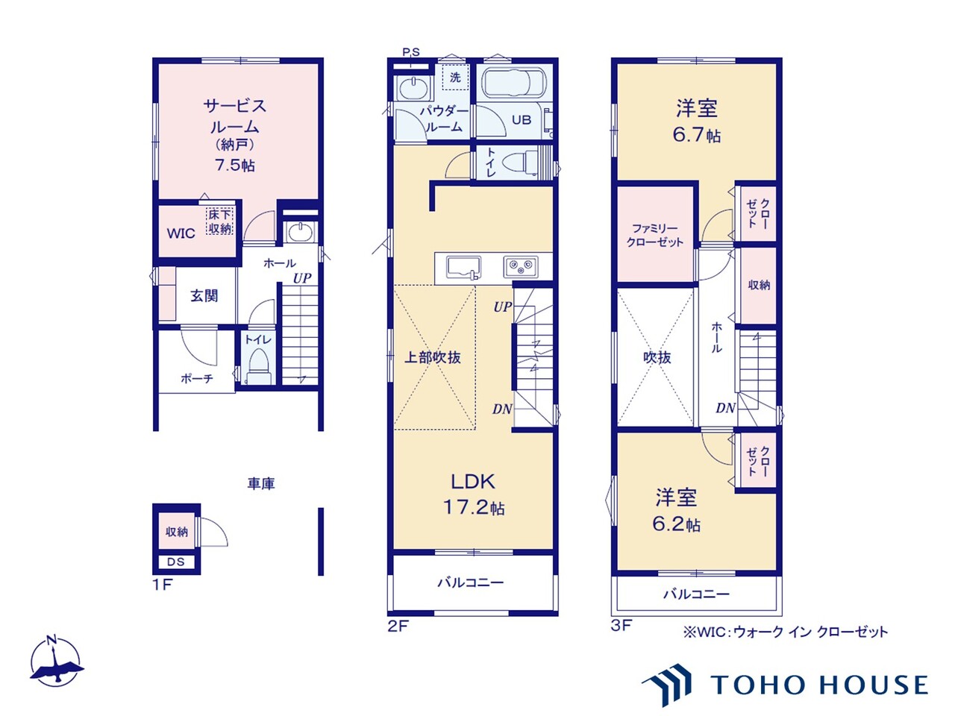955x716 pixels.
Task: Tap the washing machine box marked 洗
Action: (x=455, y=77)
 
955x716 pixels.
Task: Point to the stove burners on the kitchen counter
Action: (x=520, y=266)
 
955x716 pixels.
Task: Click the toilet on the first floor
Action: (x=258, y=365)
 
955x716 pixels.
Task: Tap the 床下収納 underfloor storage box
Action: (x=219, y=222)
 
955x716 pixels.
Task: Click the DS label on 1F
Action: (x=176, y=562)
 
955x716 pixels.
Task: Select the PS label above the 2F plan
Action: (x=410, y=52)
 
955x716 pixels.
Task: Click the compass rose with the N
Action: (x=55, y=662)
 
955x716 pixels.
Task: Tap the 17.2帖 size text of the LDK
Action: (x=474, y=507)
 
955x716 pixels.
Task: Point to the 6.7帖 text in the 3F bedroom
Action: (x=697, y=135)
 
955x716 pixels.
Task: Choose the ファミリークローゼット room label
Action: (x=655, y=235)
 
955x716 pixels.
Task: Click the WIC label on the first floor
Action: (x=181, y=233)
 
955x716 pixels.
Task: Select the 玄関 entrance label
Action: (x=204, y=295)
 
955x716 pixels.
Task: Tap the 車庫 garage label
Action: (x=261, y=484)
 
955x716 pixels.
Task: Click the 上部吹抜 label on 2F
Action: (x=433, y=357)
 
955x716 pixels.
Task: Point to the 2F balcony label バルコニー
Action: (x=470, y=582)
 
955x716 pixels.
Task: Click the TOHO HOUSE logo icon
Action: (x=667, y=685)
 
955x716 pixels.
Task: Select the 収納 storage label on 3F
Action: (x=759, y=285)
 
